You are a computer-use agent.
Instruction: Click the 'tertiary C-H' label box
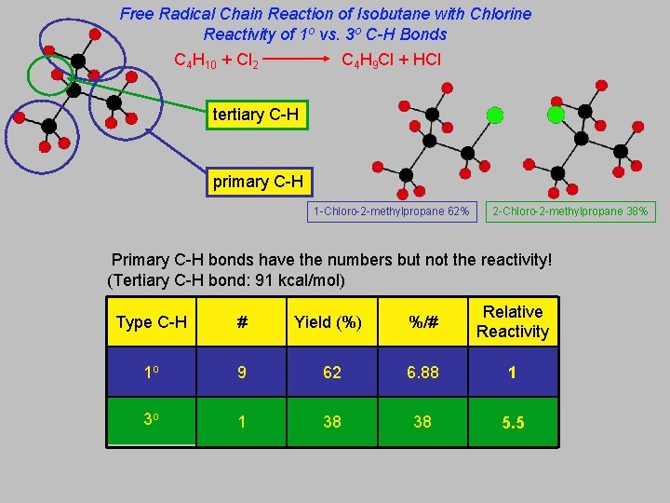coord(255,115)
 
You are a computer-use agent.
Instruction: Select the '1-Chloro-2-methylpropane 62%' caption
coord(392,211)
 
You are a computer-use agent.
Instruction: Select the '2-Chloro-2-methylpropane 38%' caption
coord(570,211)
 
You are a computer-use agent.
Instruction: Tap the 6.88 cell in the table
coord(422,373)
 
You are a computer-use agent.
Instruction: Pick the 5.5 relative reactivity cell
coord(513,423)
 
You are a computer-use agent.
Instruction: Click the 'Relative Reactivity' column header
coord(513,321)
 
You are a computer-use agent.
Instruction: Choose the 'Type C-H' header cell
coord(152,322)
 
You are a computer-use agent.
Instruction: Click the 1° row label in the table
coord(152,373)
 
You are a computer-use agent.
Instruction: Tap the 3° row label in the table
coord(152,422)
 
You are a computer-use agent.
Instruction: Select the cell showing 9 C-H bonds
coord(242,373)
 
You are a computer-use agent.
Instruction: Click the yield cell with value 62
coord(332,373)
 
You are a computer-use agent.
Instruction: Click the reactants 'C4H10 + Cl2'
coord(216,61)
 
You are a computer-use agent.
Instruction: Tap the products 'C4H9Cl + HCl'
coord(392,61)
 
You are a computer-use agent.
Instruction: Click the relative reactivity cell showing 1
coord(513,373)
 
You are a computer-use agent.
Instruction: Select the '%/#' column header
coord(422,322)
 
